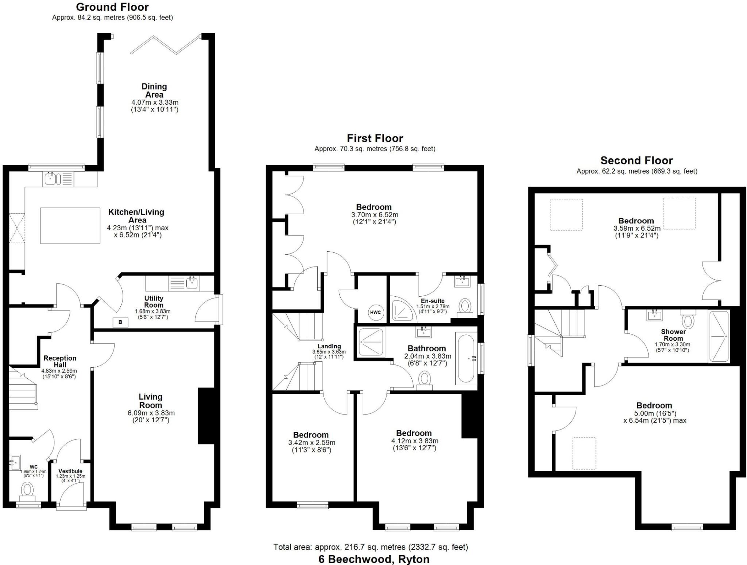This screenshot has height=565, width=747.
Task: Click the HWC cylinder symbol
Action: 375,312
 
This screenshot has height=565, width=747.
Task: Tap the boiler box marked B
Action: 120,322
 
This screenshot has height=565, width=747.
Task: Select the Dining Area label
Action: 154,91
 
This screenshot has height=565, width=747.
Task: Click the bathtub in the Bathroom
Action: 466,358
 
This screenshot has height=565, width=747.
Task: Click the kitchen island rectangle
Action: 70,225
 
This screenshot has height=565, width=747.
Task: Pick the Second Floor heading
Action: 636,160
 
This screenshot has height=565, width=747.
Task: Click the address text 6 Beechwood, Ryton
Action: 374,559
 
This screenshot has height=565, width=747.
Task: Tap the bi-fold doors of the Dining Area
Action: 165,45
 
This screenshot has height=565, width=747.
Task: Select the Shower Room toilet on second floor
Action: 688,319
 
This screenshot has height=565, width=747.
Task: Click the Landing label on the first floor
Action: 329,346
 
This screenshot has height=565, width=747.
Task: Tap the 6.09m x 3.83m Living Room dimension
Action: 151,413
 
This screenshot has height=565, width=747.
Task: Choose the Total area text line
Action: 371,547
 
